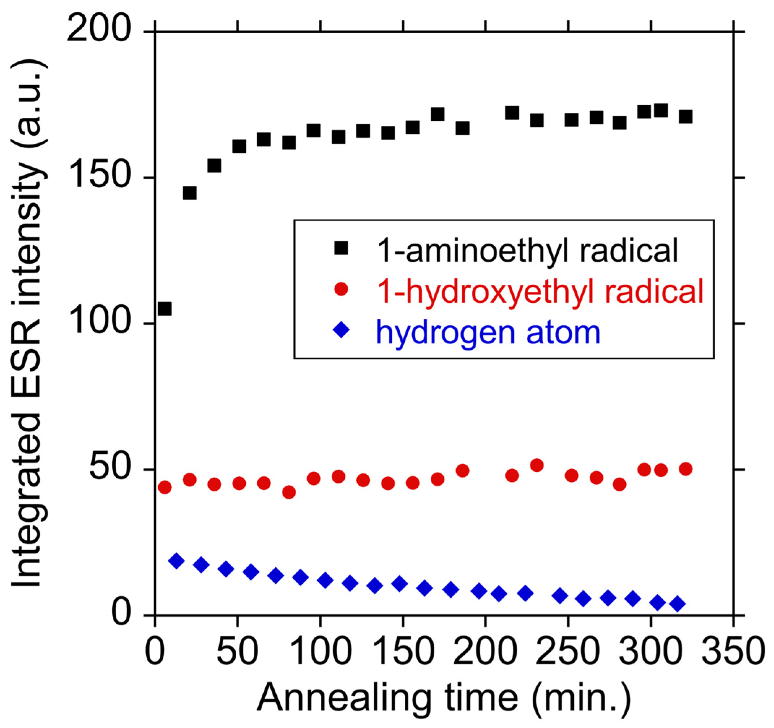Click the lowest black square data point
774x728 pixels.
pos(165,309)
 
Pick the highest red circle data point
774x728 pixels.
pos(537,465)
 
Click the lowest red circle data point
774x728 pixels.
pos(288,492)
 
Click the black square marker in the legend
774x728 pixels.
pos(341,248)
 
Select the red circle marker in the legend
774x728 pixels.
pos(341,289)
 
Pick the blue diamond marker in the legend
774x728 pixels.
pos(341,331)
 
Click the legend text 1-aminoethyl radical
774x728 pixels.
pos(528,250)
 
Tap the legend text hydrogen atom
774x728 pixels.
pos(488,333)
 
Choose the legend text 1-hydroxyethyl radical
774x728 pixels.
pos(541,292)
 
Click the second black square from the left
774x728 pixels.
pos(189,193)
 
